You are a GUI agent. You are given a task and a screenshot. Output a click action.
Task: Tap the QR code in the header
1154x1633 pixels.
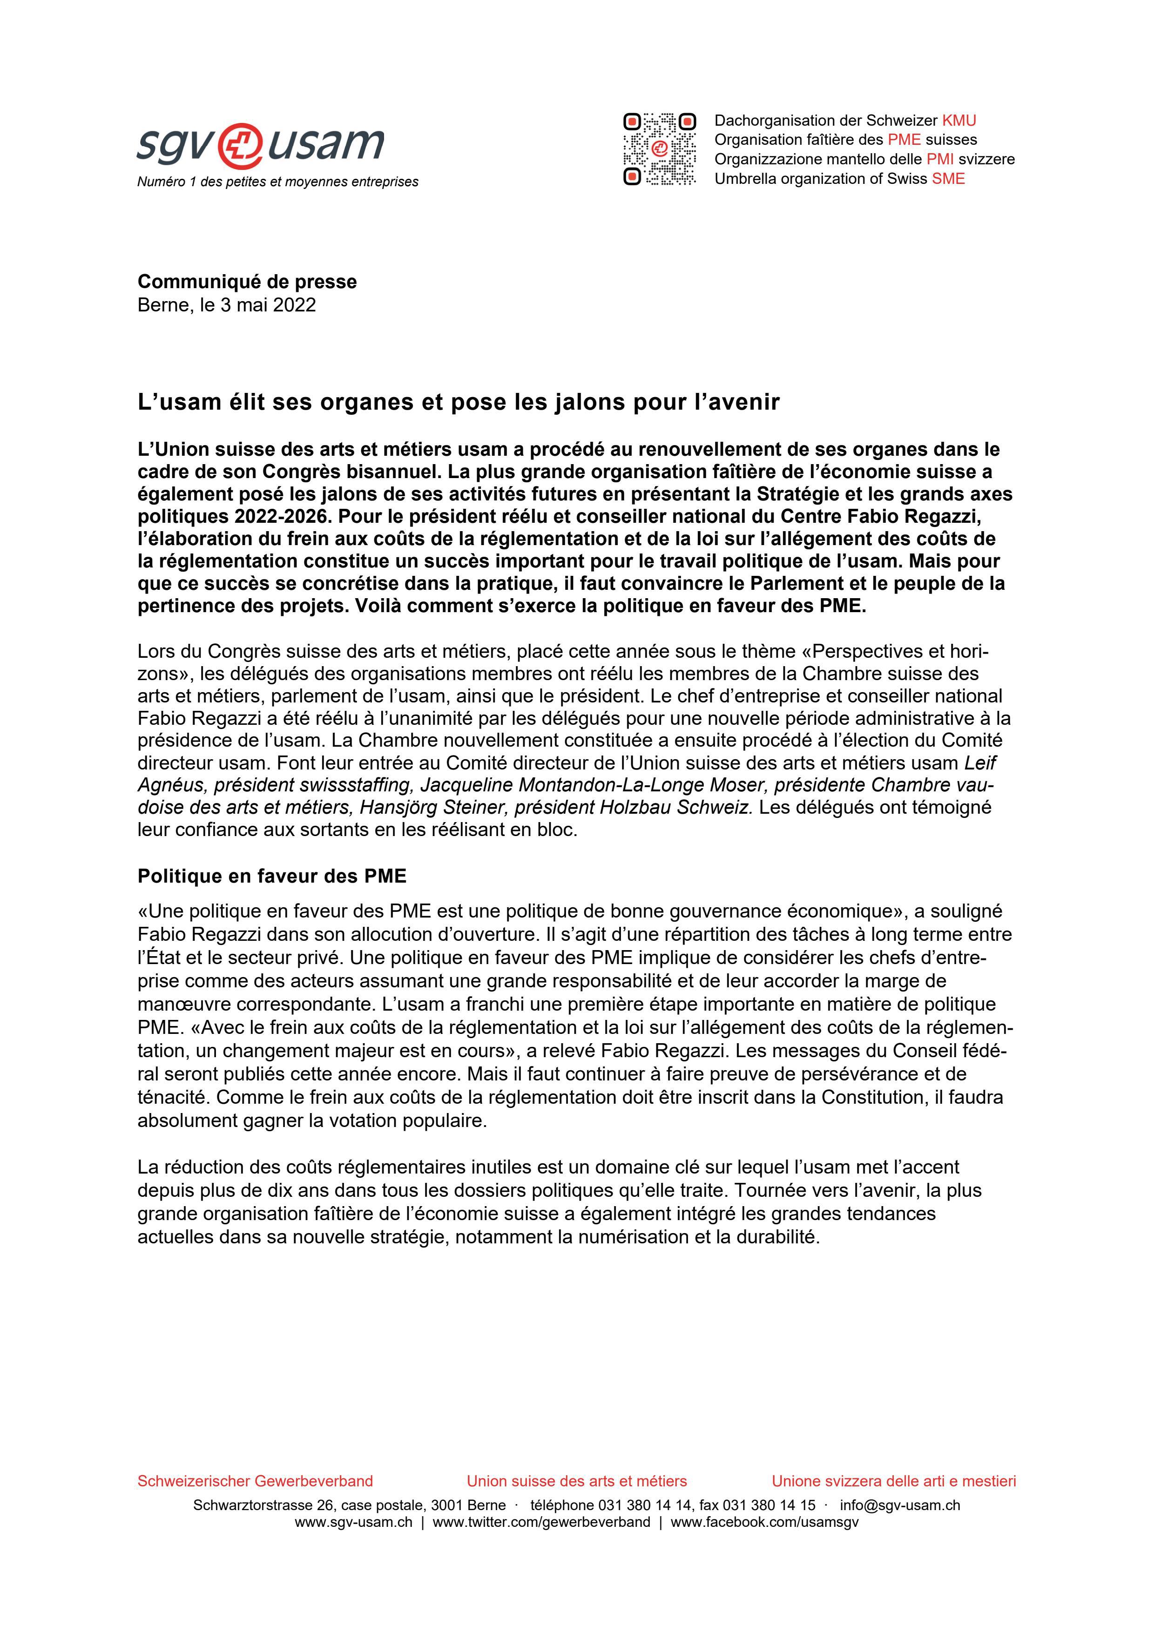(659, 149)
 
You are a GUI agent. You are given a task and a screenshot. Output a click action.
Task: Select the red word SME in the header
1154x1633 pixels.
(949, 178)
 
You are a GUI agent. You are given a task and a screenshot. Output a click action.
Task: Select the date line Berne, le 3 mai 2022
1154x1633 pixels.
(226, 305)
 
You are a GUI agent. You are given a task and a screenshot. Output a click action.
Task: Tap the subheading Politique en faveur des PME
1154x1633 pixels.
(271, 876)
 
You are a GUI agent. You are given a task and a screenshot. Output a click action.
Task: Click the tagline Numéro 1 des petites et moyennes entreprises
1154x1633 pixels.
(277, 182)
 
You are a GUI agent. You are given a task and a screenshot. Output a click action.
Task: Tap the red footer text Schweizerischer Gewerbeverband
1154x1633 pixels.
(255, 1482)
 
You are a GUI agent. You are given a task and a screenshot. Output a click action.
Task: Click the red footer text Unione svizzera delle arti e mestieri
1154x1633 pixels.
(894, 1482)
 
